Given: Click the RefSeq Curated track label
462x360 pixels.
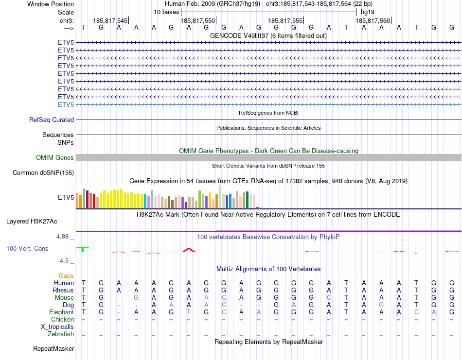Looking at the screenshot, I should (52, 120).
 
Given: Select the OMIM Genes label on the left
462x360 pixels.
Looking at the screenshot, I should (55, 158).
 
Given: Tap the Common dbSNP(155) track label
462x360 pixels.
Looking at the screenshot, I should (43, 172).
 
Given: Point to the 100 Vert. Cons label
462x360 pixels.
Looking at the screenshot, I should (27, 249).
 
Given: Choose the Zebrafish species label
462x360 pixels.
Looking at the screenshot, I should (61, 334).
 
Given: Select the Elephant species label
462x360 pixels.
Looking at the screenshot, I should (61, 312).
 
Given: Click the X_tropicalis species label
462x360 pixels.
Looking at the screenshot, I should (57, 327).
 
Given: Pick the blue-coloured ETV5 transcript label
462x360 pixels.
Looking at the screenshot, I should (66, 105).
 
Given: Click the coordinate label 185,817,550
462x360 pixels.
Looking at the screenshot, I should (197, 21).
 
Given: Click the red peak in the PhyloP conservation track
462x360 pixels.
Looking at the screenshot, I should (189, 250).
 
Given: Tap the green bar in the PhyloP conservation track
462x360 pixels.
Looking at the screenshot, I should (83, 250).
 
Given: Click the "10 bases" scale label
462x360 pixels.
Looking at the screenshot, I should (166, 12).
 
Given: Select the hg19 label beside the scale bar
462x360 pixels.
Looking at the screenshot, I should (368, 12).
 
